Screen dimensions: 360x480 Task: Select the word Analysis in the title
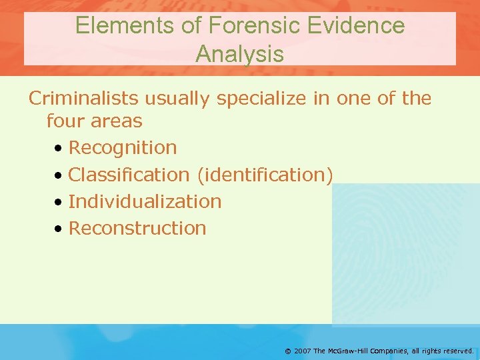point(239,54)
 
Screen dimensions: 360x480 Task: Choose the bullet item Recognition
point(123,148)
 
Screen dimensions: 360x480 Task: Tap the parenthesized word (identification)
point(265,175)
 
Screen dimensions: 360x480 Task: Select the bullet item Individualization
point(145,201)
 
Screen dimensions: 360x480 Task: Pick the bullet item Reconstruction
point(137,228)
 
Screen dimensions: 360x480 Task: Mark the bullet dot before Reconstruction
point(59,229)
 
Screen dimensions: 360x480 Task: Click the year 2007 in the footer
point(303,350)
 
